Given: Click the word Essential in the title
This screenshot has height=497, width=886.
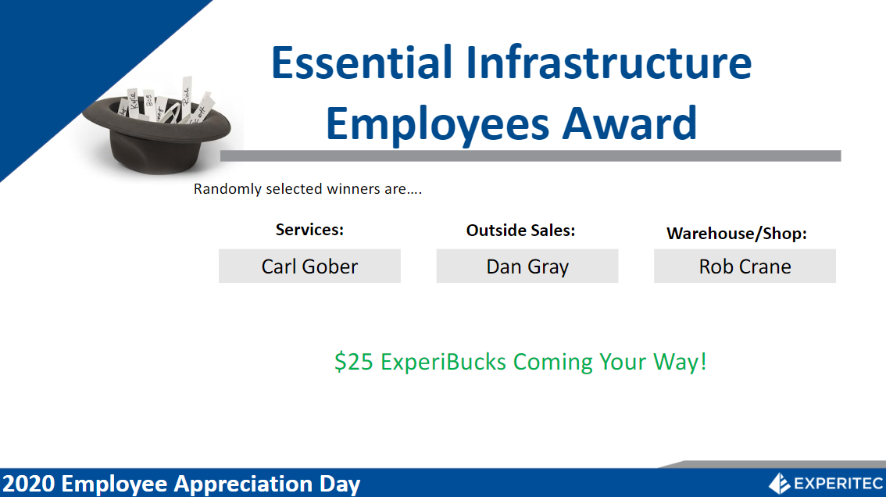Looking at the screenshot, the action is click(x=362, y=62).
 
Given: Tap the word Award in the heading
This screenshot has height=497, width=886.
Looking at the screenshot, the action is click(x=630, y=123).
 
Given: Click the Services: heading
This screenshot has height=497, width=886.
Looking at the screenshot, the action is click(x=309, y=230).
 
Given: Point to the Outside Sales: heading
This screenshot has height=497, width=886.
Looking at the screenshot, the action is click(x=520, y=230).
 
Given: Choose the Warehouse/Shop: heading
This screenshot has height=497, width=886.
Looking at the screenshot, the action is click(x=737, y=233).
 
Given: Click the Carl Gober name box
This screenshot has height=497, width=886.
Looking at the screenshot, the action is click(x=309, y=266).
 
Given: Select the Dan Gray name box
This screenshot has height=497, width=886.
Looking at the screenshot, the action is click(x=527, y=266).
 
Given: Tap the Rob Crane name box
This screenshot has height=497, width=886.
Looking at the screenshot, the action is click(x=745, y=266).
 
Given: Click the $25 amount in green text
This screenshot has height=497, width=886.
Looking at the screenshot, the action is click(x=354, y=362).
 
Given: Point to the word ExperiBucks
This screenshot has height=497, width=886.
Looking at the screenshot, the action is click(x=443, y=362).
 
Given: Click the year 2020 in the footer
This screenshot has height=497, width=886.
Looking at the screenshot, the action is click(x=29, y=484).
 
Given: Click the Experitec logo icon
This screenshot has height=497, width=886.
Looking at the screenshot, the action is click(x=779, y=484).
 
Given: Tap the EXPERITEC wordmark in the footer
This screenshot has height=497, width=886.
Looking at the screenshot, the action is click(x=838, y=484).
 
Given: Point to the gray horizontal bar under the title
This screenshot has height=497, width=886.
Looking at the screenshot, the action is click(x=531, y=156).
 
